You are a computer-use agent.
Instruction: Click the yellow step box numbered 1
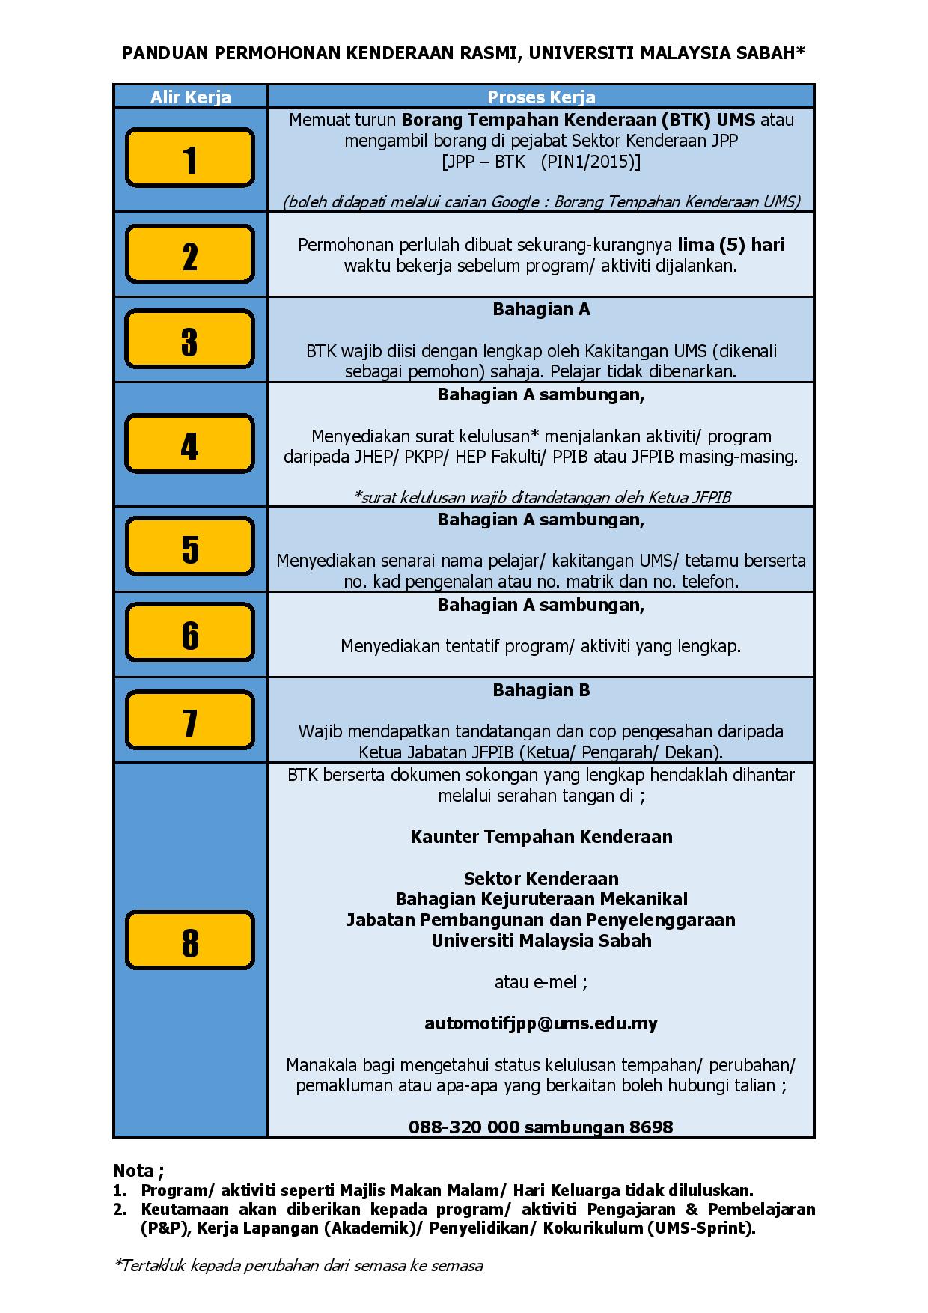pyautogui.click(x=190, y=158)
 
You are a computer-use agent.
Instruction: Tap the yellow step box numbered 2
pyautogui.click(x=190, y=255)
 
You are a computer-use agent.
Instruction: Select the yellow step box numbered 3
pyautogui.click(x=190, y=340)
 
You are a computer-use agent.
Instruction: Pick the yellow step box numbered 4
pyautogui.click(x=190, y=444)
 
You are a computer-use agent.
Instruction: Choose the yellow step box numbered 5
pyautogui.click(x=190, y=547)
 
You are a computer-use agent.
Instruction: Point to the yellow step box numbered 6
pyautogui.click(x=190, y=633)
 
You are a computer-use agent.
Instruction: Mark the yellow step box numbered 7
pyautogui.click(x=190, y=720)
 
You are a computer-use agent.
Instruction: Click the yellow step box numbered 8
pyautogui.click(x=190, y=940)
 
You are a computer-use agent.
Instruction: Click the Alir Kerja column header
pyautogui.click(x=190, y=97)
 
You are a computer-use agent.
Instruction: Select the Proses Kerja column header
pyautogui.click(x=541, y=97)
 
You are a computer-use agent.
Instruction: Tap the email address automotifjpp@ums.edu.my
pyautogui.click(x=540, y=1023)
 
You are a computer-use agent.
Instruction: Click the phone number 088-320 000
pyautogui.click(x=464, y=1127)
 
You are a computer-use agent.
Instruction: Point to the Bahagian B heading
pyautogui.click(x=541, y=690)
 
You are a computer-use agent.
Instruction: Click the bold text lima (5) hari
pyautogui.click(x=731, y=245)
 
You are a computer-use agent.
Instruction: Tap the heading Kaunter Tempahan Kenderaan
pyautogui.click(x=541, y=837)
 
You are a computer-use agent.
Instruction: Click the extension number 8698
pyautogui.click(x=651, y=1127)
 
